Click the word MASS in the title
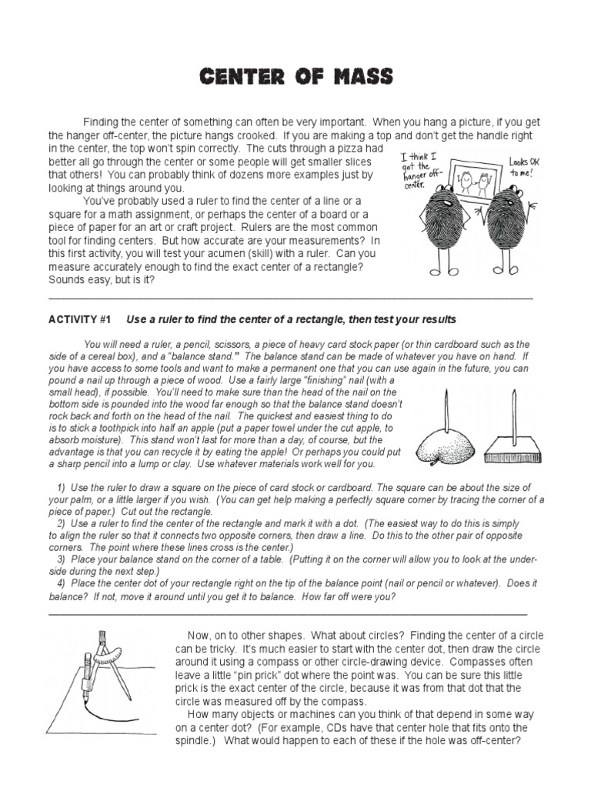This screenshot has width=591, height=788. point(359,77)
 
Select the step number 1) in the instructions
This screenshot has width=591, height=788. point(61,488)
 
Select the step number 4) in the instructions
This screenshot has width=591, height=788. point(61,585)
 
